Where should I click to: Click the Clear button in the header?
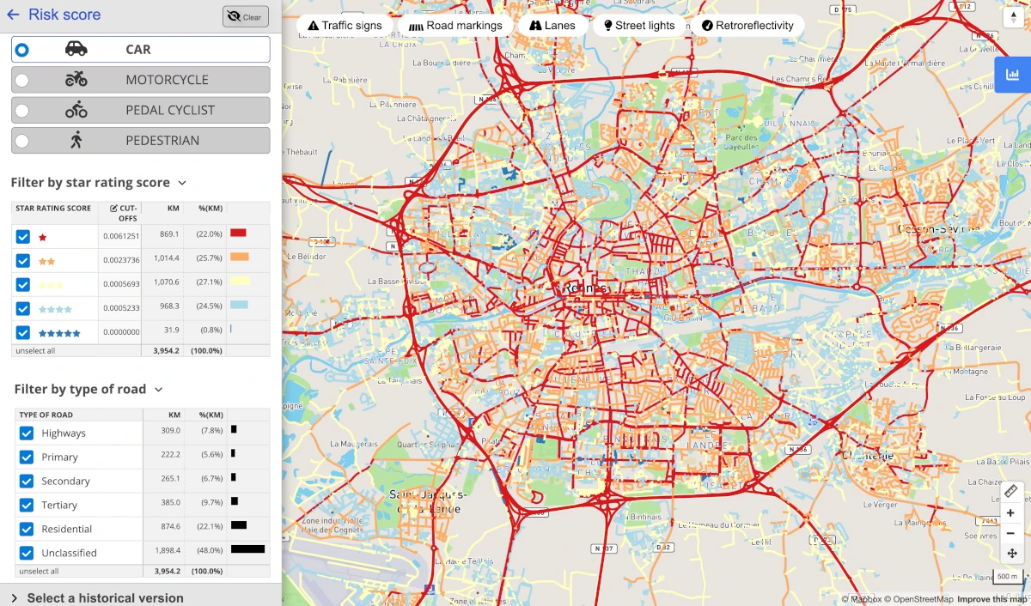(x=245, y=16)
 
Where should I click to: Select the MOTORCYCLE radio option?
(x=21, y=80)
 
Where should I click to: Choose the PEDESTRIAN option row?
(x=140, y=141)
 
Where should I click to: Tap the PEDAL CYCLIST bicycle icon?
(x=76, y=110)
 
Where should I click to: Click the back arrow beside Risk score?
(x=13, y=15)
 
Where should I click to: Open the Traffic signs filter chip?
(x=345, y=26)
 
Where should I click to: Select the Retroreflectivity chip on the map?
(x=747, y=26)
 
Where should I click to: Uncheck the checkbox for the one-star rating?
(x=23, y=237)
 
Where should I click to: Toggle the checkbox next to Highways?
(x=27, y=433)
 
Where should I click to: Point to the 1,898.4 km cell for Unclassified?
(x=168, y=553)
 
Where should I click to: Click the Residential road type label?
(x=66, y=530)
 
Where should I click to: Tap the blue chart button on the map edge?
(x=1012, y=75)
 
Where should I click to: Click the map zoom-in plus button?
(x=1011, y=513)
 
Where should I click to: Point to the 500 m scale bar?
(x=1008, y=577)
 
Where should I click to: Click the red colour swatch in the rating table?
(x=238, y=233)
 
